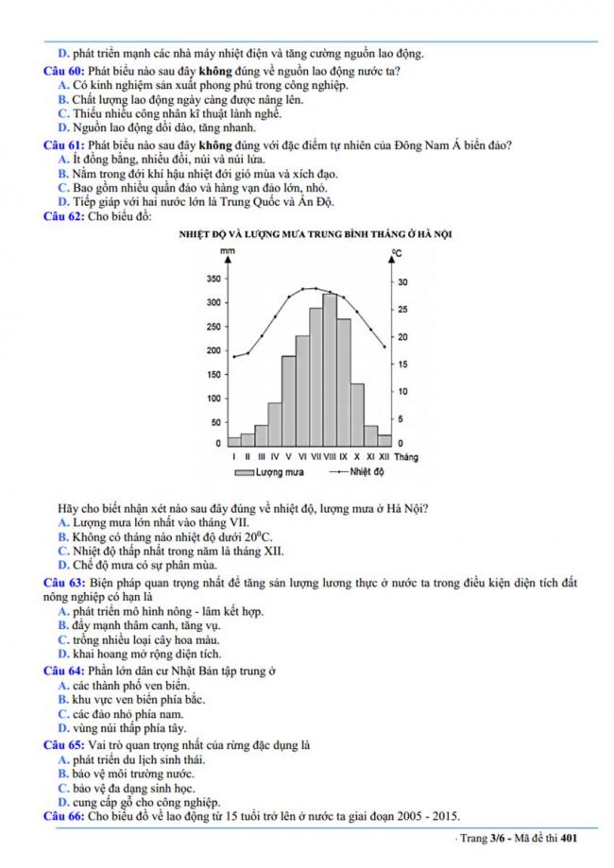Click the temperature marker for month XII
click(x=384, y=348)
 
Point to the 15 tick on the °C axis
click(x=401, y=365)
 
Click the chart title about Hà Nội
click(x=314, y=233)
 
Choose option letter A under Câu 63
click(x=62, y=611)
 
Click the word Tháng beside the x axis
click(x=407, y=456)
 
